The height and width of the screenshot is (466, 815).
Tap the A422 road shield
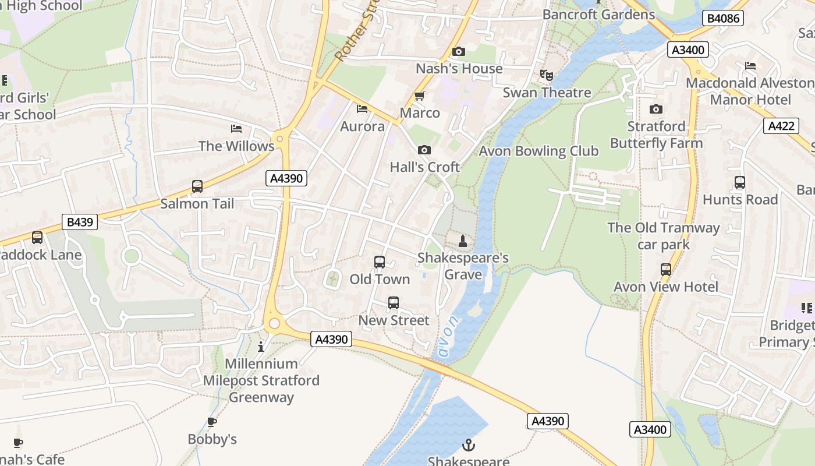coord(780,126)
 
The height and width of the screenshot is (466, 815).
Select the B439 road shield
coord(80,222)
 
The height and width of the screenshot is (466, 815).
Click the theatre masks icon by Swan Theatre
coord(546,75)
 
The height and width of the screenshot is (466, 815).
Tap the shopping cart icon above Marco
coord(419,96)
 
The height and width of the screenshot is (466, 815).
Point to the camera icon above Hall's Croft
coord(424,150)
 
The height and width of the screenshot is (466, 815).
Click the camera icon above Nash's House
coord(459,52)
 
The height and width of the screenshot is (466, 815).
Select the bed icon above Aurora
coord(362,109)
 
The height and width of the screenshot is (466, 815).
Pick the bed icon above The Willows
coord(236,129)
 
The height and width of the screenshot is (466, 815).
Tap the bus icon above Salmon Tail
coord(197,186)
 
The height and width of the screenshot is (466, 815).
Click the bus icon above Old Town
coord(380,262)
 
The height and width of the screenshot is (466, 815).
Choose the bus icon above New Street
coord(394,303)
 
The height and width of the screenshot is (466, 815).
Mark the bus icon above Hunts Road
coord(739,182)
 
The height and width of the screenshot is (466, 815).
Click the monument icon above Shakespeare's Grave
coord(463,241)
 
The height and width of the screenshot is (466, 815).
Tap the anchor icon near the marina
coord(468,446)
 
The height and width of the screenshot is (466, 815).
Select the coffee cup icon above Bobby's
coord(212,422)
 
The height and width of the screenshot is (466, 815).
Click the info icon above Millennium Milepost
coord(261,347)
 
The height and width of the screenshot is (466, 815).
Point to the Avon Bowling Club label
coord(538,151)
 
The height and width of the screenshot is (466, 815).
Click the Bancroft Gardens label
coord(598,14)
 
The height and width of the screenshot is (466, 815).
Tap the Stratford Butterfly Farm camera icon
coord(656,110)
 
